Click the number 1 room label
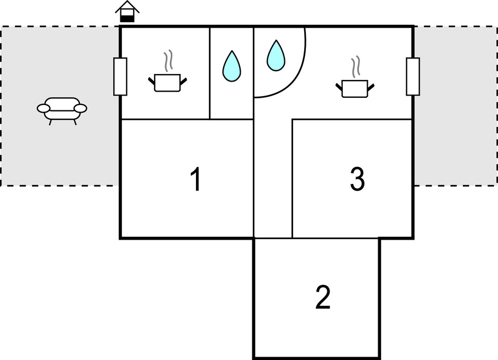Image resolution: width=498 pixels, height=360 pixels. click(195, 180)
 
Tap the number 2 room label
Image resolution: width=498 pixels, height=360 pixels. click(323, 298)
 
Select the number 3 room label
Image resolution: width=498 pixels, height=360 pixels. click(357, 179)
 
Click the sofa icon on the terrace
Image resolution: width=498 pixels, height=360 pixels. click(62, 109)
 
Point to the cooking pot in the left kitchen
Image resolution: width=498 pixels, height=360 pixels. click(167, 82)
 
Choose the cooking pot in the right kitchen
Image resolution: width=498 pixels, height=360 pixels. click(355, 88)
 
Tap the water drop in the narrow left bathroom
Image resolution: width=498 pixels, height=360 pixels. click(231, 66)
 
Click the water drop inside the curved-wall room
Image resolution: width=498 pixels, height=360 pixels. click(276, 56)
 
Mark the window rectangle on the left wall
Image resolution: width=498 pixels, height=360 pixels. click(120, 76)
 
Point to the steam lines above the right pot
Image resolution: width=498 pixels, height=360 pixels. click(357, 65)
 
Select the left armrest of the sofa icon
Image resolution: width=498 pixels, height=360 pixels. click(43, 108)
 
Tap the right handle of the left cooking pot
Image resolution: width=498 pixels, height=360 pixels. click(184, 82)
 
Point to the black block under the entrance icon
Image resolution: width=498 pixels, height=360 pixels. click(128, 19)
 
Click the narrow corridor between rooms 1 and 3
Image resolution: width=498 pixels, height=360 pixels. click(273, 177)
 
